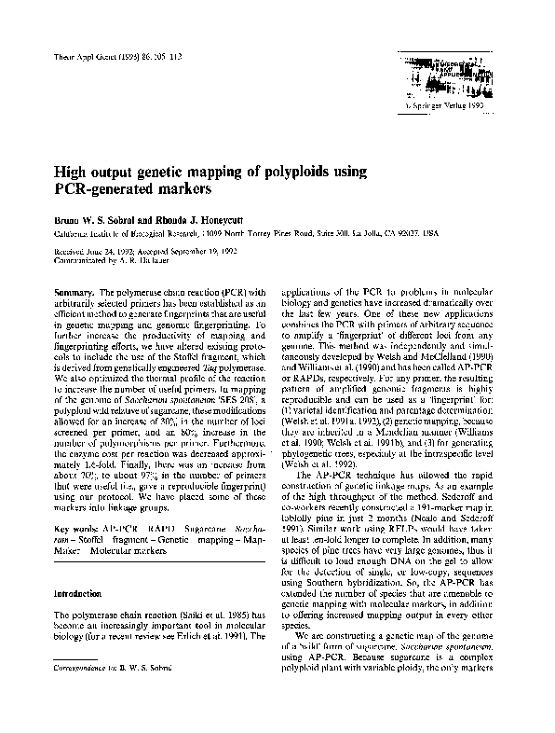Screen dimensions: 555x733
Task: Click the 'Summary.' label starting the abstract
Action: tap(74, 292)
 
